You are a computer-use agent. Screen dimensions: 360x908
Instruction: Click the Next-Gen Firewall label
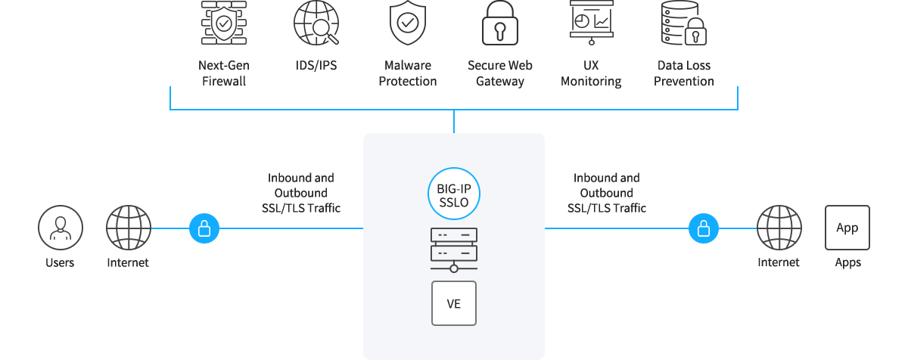pyautogui.click(x=224, y=73)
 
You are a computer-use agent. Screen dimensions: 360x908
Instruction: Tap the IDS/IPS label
pyautogui.click(x=316, y=66)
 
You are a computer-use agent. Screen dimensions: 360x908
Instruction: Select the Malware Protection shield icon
pyautogui.click(x=408, y=23)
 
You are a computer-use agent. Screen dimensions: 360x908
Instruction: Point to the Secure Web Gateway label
pyautogui.click(x=500, y=73)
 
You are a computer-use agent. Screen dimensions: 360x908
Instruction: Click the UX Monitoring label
pyautogui.click(x=591, y=73)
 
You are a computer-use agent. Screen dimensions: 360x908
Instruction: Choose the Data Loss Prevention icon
pyautogui.click(x=683, y=23)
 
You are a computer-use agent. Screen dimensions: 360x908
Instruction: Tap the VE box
pyautogui.click(x=454, y=303)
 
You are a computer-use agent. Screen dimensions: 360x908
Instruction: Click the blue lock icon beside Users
pyautogui.click(x=204, y=228)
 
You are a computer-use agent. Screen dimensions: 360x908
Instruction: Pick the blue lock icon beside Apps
pyautogui.click(x=703, y=228)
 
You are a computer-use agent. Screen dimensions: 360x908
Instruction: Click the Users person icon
pyautogui.click(x=61, y=228)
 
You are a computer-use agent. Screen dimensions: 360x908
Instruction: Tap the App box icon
pyautogui.click(x=847, y=228)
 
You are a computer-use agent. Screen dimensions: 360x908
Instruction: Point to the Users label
pyautogui.click(x=60, y=263)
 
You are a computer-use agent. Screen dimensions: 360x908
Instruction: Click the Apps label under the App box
pyautogui.click(x=847, y=263)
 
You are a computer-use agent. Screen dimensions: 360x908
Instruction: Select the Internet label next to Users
pyautogui.click(x=128, y=263)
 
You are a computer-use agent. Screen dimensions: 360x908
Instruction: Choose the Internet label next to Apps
pyautogui.click(x=779, y=263)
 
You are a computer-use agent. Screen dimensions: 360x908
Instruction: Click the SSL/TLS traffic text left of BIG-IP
pyautogui.click(x=300, y=193)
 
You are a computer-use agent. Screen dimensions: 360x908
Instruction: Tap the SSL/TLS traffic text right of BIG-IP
pyautogui.click(x=607, y=193)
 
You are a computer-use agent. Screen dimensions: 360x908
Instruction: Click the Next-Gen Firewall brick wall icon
pyautogui.click(x=224, y=23)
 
